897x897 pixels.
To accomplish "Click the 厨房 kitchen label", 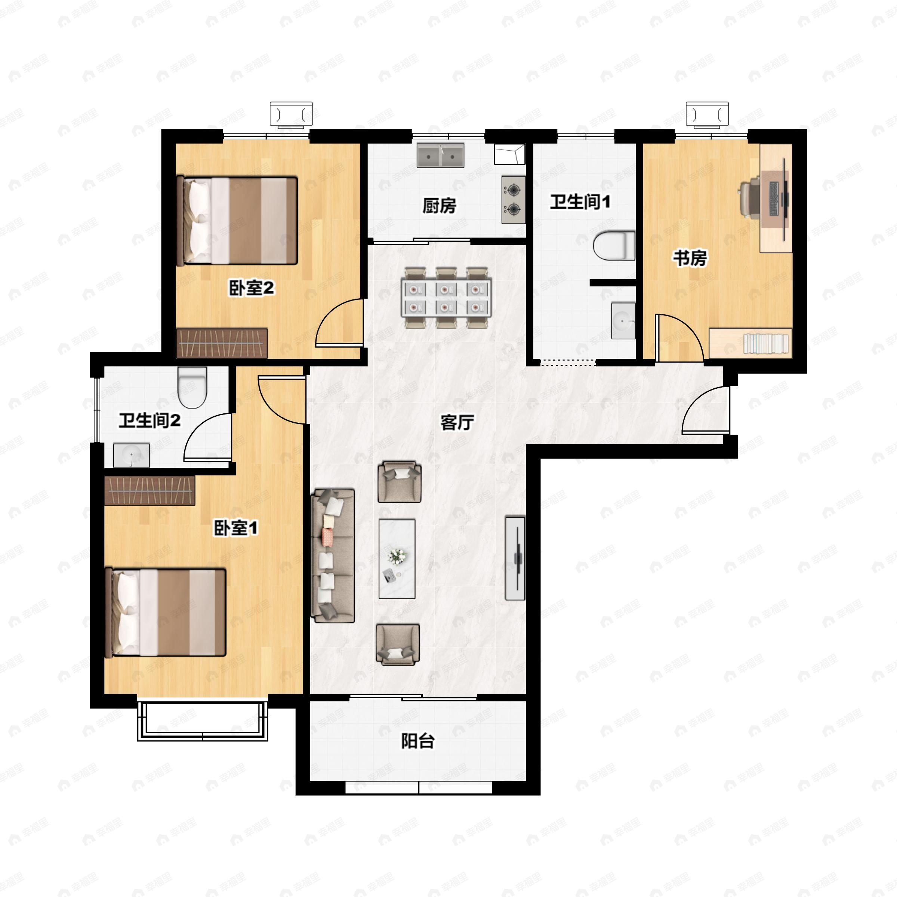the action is click(x=439, y=206).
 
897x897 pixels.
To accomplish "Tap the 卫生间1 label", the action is click(x=580, y=202).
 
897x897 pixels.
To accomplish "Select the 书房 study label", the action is click(x=690, y=258).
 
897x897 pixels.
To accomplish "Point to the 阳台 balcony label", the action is click(x=417, y=741).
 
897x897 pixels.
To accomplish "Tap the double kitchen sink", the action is click(x=440, y=155).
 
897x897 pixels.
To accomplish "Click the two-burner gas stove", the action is click(x=514, y=200).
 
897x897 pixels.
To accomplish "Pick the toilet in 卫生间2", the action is click(x=192, y=387).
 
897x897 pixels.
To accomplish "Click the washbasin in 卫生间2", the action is click(x=132, y=455).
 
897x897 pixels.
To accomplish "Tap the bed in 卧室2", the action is click(x=237, y=221).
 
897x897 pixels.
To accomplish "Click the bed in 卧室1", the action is click(x=166, y=613).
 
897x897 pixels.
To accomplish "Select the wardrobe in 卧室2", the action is click(x=222, y=343).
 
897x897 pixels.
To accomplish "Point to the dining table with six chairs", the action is click(x=446, y=298).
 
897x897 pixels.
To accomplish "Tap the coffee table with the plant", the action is click(x=397, y=558).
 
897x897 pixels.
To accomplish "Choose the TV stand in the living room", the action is click(x=515, y=558).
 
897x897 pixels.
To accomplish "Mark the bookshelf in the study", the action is click(x=750, y=343).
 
